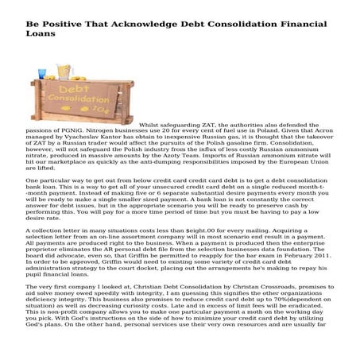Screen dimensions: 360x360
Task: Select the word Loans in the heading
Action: coord(29,25)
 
